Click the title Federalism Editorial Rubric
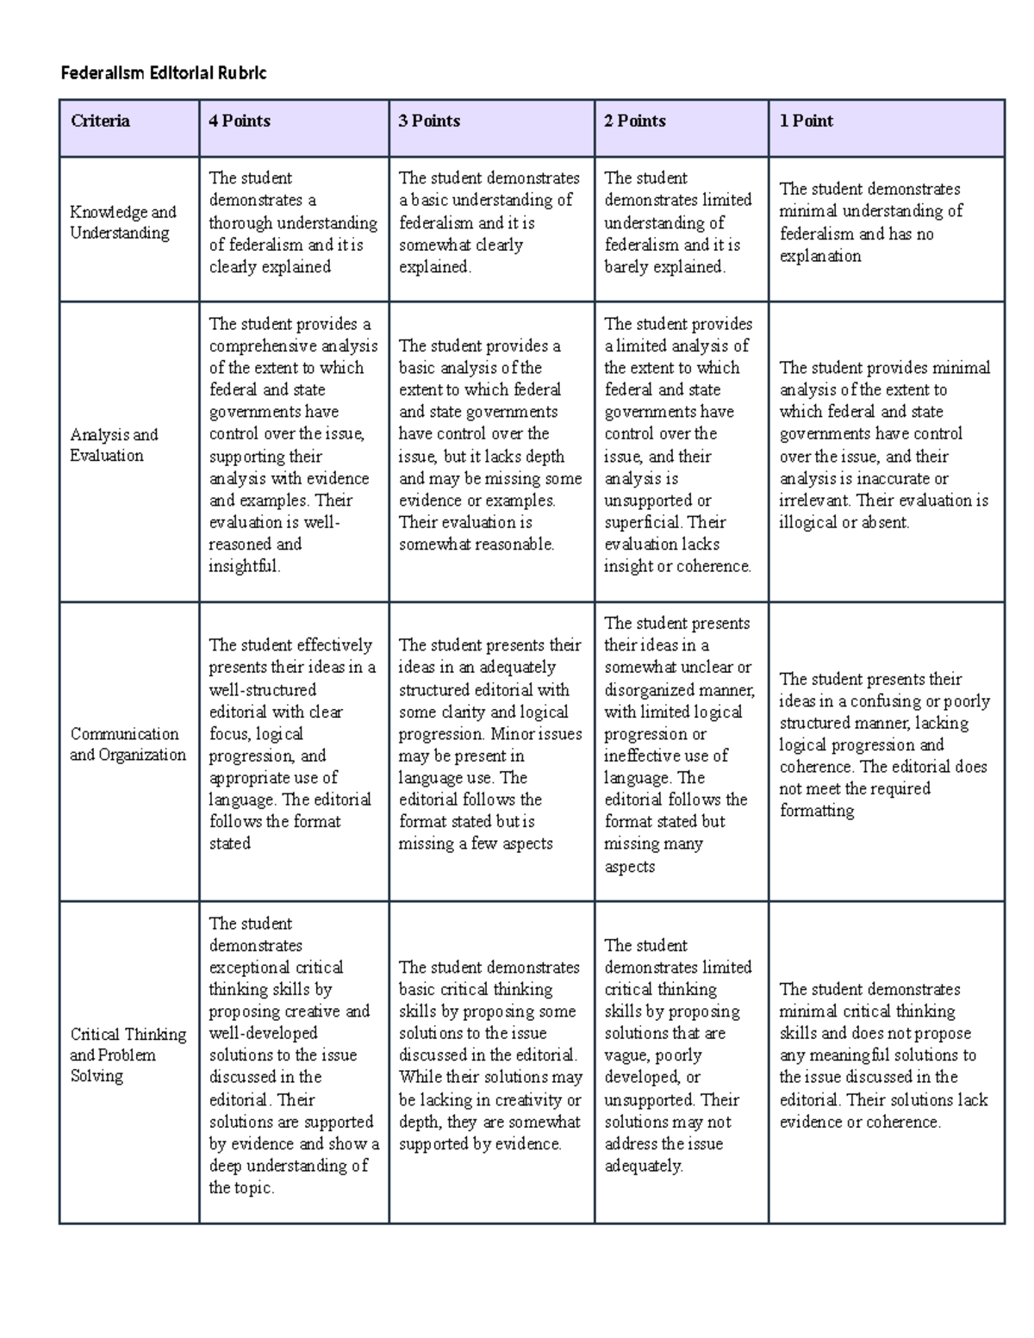pyautogui.click(x=164, y=73)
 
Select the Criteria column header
pyautogui.click(x=101, y=121)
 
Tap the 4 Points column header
pyautogui.click(x=240, y=121)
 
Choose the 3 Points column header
pyautogui.click(x=429, y=121)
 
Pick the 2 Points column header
pyautogui.click(x=635, y=121)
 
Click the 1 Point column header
pyautogui.click(x=807, y=121)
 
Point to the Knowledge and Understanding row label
pyautogui.click(x=122, y=222)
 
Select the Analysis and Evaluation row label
pyautogui.click(x=114, y=445)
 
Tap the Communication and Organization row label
pyautogui.click(x=128, y=744)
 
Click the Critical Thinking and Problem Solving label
pyautogui.click(x=128, y=1055)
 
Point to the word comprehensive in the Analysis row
pyautogui.click(x=264, y=346)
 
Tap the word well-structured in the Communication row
pyautogui.click(x=263, y=690)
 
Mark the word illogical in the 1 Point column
pyautogui.click(x=809, y=523)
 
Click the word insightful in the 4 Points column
pyautogui.click(x=244, y=567)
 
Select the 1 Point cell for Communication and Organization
pyautogui.click(x=885, y=744)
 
